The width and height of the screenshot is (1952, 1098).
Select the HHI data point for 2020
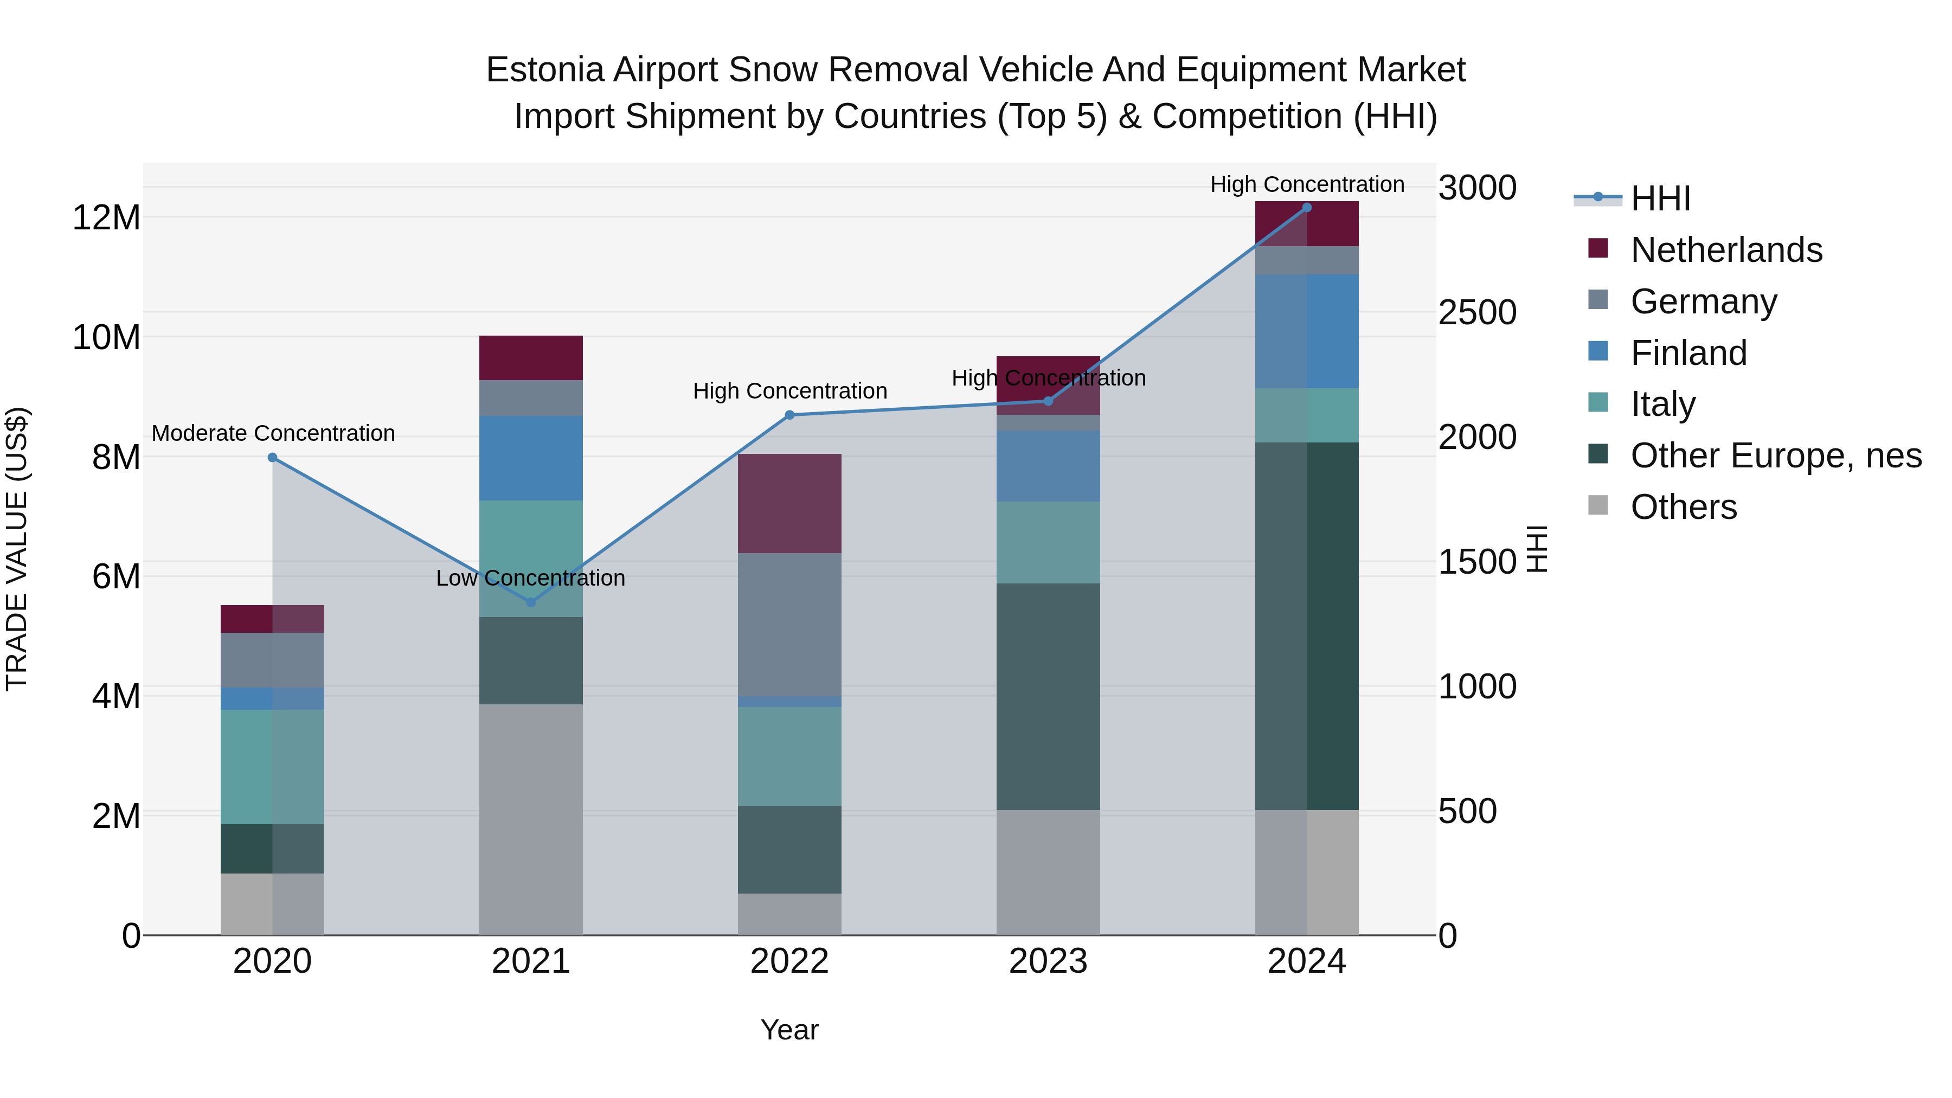point(273,458)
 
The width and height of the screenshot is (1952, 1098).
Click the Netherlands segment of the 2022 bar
point(789,503)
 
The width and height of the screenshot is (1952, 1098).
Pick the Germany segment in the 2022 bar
point(789,625)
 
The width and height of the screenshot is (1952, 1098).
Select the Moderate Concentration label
point(274,433)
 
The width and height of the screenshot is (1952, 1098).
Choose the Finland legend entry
point(1688,353)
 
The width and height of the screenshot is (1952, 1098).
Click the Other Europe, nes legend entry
point(1775,456)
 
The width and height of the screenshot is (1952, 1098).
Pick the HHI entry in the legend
point(1660,198)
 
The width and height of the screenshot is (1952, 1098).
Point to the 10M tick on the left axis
point(106,337)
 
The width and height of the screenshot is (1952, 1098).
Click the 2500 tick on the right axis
point(1477,313)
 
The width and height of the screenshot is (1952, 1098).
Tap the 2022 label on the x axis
point(789,961)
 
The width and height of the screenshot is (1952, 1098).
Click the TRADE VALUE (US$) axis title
point(17,549)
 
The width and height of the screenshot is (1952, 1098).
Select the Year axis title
point(789,1030)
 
